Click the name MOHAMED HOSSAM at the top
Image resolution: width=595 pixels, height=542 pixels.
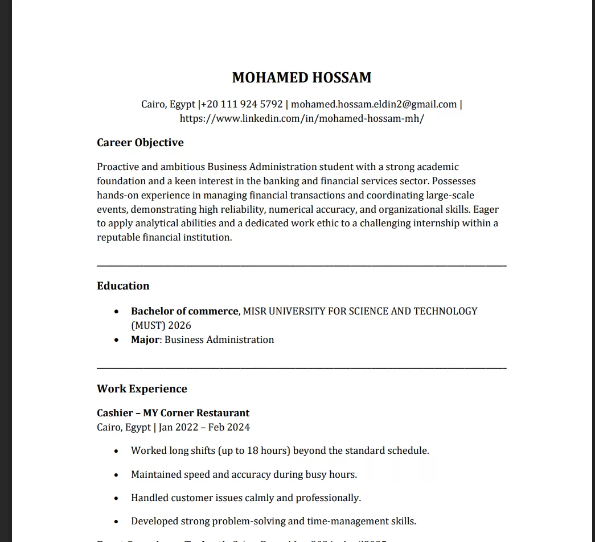302,78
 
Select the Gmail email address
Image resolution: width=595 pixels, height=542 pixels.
374,105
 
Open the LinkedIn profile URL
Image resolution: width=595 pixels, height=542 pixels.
302,119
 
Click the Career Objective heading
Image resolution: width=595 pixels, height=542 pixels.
140,143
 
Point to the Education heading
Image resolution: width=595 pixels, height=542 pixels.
123,286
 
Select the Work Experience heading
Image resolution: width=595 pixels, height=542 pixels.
142,389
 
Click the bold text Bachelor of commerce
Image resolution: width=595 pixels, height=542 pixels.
184,311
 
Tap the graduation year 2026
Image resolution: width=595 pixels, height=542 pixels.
179,326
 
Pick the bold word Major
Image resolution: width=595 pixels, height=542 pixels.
145,340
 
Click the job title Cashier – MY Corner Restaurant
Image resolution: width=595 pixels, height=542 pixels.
173,413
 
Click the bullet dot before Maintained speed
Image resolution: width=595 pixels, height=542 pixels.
116,475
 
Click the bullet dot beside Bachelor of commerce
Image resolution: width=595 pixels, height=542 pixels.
116,312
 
